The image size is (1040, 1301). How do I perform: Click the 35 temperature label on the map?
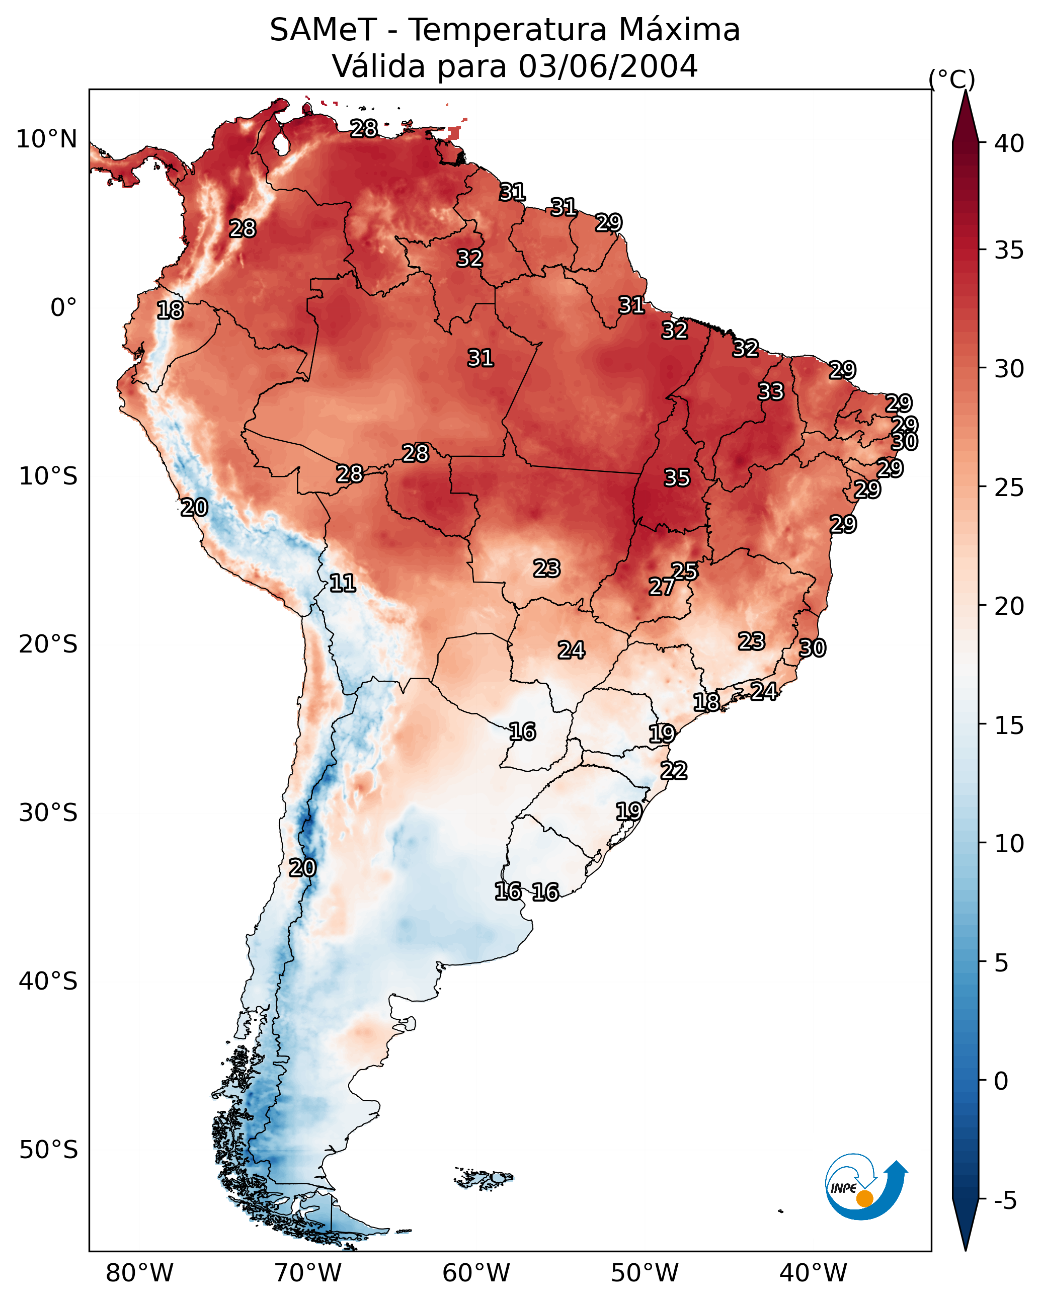[x=677, y=478]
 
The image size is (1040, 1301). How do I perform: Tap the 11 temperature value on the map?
[x=342, y=583]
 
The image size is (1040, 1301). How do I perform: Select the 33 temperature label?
[x=771, y=391]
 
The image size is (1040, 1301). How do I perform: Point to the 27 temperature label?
[x=662, y=587]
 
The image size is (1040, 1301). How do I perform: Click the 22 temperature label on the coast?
[x=674, y=771]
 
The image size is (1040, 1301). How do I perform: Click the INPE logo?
[x=865, y=1188]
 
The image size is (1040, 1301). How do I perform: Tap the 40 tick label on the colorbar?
[x=1009, y=143]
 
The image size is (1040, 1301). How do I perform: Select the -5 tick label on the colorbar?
[x=1005, y=1201]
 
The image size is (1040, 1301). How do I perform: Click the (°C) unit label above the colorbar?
[x=952, y=79]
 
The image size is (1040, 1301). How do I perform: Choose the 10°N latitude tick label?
[x=46, y=139]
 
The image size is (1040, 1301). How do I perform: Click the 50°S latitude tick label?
[x=48, y=1150]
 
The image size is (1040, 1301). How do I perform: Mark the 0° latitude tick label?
[x=63, y=308]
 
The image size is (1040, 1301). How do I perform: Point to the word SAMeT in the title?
[x=323, y=30]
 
